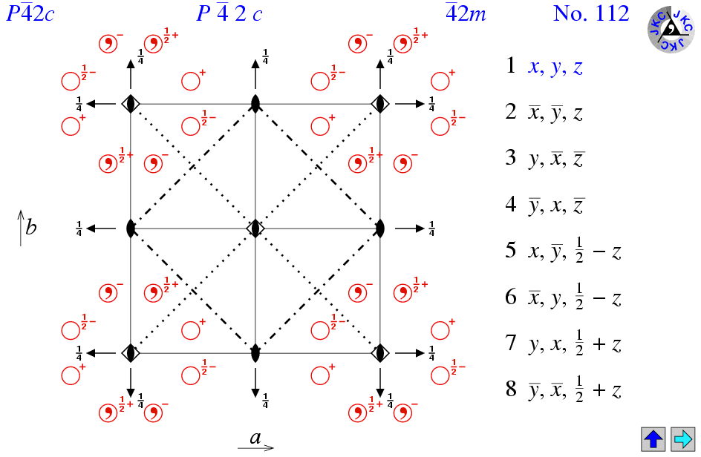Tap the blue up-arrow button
coord(654,439)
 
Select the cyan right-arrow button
coord(682,439)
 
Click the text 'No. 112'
coord(591,13)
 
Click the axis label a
coord(255,438)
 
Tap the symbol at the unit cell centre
coord(255,228)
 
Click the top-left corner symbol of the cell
coord(131,103)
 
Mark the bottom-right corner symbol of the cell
coord(380,352)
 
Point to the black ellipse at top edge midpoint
coord(255,103)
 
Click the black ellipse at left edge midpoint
coord(131,228)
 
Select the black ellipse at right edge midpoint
coord(380,228)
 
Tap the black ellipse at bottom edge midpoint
coord(255,352)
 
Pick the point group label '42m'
coord(466,13)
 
